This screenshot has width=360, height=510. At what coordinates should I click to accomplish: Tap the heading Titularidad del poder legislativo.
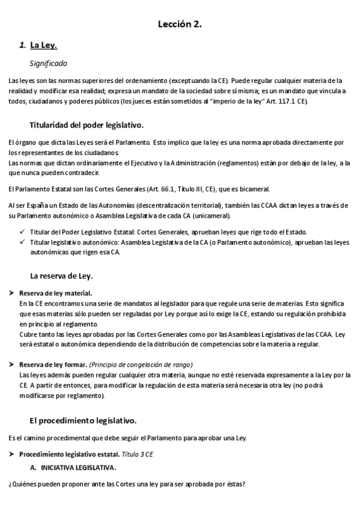(86, 125)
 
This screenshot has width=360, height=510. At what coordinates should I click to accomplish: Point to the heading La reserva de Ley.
(61, 276)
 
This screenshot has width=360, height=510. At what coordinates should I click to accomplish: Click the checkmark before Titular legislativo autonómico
(22, 242)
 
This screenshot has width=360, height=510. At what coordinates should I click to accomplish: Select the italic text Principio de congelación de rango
(141, 365)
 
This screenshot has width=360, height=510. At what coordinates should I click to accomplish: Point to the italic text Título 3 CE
(137, 455)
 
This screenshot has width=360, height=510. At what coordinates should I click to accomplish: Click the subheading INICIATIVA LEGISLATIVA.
(78, 467)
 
